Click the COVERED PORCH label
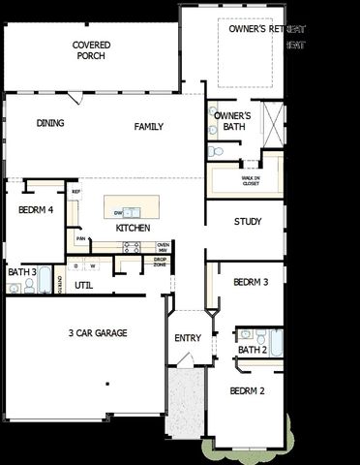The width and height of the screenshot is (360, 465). click(x=91, y=50)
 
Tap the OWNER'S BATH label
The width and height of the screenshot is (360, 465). click(x=232, y=121)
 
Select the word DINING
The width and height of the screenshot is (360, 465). click(x=50, y=123)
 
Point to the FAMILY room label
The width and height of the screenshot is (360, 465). click(x=148, y=127)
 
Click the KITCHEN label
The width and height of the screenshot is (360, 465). click(x=133, y=228)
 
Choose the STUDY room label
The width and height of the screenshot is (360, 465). click(x=248, y=222)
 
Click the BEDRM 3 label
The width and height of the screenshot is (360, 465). click(x=251, y=282)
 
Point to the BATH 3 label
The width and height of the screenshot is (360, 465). click(x=22, y=272)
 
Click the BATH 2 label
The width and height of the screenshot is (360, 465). click(x=252, y=350)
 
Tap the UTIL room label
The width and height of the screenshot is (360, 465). click(x=84, y=285)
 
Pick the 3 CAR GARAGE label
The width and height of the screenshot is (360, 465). click(x=98, y=333)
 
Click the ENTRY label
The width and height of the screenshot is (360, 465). click(x=187, y=338)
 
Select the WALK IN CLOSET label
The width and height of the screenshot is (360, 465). click(x=251, y=179)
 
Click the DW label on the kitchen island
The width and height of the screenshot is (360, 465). click(x=118, y=213)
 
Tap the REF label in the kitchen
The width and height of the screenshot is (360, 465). click(x=75, y=192)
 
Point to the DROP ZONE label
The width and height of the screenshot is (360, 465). click(x=159, y=262)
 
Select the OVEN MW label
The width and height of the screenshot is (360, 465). click(x=163, y=247)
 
